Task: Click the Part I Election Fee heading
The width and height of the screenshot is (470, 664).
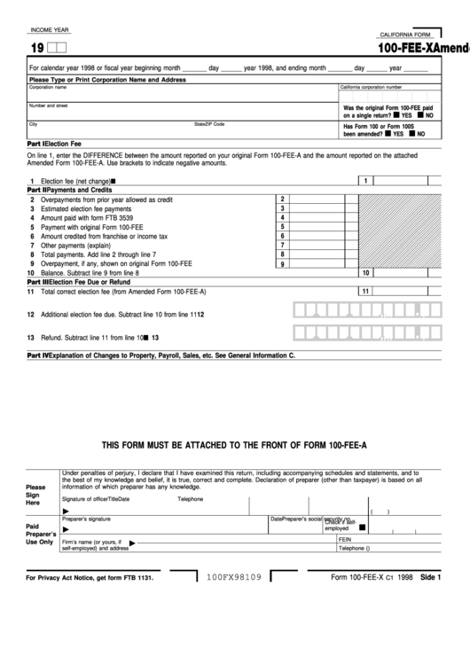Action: pos(55,143)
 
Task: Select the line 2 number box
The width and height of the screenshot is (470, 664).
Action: pos(282,199)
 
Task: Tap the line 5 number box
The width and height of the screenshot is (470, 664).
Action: pos(282,227)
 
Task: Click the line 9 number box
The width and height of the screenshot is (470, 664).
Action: pos(282,264)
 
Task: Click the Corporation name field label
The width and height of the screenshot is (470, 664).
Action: pos(48,87)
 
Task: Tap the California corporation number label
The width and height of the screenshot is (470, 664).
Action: pos(371,87)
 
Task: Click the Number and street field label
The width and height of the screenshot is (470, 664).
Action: pos(49,105)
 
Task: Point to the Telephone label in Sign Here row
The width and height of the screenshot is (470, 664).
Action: pos(190,499)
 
